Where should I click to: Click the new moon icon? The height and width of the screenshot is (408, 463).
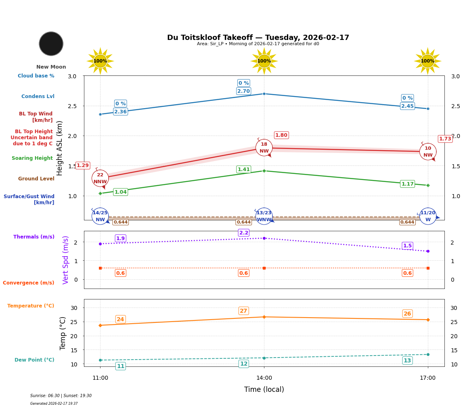click(x=51, y=44)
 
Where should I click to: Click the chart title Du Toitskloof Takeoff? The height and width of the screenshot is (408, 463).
click(x=258, y=38)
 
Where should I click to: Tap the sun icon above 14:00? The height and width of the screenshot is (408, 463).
click(x=264, y=61)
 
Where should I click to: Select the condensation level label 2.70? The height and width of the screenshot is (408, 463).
click(x=243, y=91)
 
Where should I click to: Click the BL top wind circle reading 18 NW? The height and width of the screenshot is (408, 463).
click(x=264, y=148)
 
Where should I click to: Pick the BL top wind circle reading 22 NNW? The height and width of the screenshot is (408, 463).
click(x=100, y=178)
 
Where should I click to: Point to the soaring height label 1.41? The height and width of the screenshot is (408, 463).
click(x=243, y=169)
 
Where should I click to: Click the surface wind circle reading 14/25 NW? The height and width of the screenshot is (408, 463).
click(x=100, y=216)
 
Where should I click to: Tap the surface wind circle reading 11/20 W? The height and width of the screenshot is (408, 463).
click(x=427, y=216)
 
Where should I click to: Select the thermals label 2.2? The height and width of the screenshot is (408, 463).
click(x=243, y=233)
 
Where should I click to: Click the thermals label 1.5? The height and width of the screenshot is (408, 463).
click(x=407, y=246)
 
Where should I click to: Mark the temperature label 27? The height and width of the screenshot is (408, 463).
click(x=243, y=311)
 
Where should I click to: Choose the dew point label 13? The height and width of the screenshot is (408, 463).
click(x=407, y=360)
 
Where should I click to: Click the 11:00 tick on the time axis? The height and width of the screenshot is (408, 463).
click(x=100, y=378)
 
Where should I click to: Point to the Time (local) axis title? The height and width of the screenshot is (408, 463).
click(x=264, y=389)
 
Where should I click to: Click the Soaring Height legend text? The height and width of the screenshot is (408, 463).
click(x=32, y=158)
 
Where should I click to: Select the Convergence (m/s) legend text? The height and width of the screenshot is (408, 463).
click(x=29, y=283)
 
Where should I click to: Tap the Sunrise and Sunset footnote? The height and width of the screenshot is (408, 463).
click(x=61, y=396)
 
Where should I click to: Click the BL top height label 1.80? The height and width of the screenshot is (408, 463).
click(x=281, y=135)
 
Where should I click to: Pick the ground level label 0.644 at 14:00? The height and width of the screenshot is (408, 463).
click(x=243, y=222)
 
